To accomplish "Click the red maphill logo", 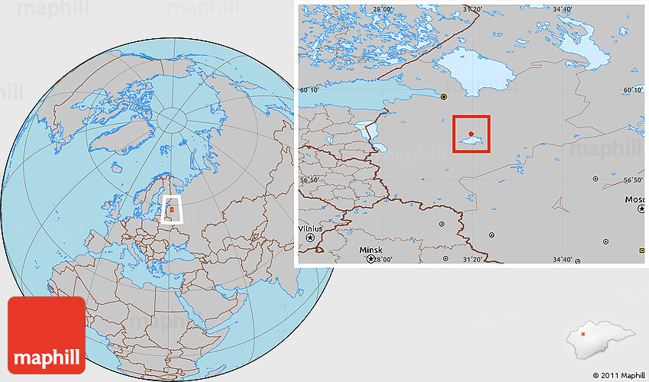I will click(x=46, y=335).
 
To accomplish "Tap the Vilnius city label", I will click(x=311, y=228).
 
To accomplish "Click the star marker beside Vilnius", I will click(x=311, y=238).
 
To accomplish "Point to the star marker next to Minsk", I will click(x=372, y=259).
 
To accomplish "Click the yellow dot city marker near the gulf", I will click(x=444, y=97).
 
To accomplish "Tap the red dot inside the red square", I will click(x=471, y=134).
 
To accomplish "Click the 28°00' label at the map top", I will click(x=383, y=9).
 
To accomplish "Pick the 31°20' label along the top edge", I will click(x=473, y=9).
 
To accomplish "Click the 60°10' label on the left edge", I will click(x=309, y=90).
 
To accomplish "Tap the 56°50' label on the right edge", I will click(x=634, y=180).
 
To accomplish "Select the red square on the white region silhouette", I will click(x=583, y=334).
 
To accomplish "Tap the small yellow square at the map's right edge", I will click(x=641, y=251).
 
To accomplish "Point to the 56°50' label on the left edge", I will click(x=309, y=180).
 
